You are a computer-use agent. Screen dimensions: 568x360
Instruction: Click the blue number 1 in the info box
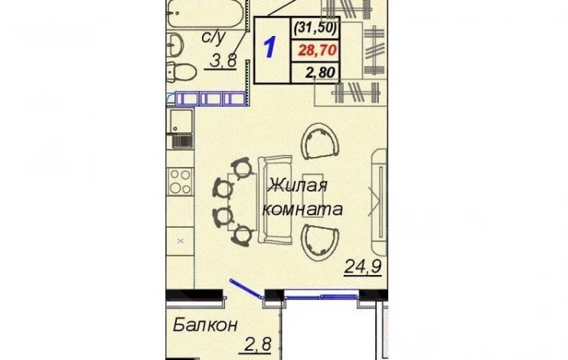270,47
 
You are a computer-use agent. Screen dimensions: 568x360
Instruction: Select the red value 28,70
318,51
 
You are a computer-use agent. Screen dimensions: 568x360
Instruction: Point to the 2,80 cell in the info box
320,73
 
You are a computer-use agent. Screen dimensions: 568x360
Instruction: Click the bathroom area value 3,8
224,61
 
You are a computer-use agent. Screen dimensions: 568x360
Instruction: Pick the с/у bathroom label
214,37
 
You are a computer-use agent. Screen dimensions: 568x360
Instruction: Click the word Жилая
298,185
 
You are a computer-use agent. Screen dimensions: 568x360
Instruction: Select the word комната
302,209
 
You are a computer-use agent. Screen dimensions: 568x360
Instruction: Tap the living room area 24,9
363,267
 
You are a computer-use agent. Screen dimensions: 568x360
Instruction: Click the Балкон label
205,325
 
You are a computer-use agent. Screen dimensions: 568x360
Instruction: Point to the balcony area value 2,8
258,344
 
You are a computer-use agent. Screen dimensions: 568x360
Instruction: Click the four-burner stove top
181,182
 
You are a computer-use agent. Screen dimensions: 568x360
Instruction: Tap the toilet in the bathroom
181,72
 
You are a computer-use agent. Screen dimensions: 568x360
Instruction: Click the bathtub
207,14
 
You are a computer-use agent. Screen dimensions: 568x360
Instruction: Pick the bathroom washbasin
175,44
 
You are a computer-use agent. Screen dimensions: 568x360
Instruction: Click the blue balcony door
246,289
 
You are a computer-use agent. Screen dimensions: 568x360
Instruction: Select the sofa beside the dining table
275,200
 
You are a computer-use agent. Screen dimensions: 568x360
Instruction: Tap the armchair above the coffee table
320,141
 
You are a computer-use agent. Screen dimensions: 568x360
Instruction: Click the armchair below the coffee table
320,242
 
